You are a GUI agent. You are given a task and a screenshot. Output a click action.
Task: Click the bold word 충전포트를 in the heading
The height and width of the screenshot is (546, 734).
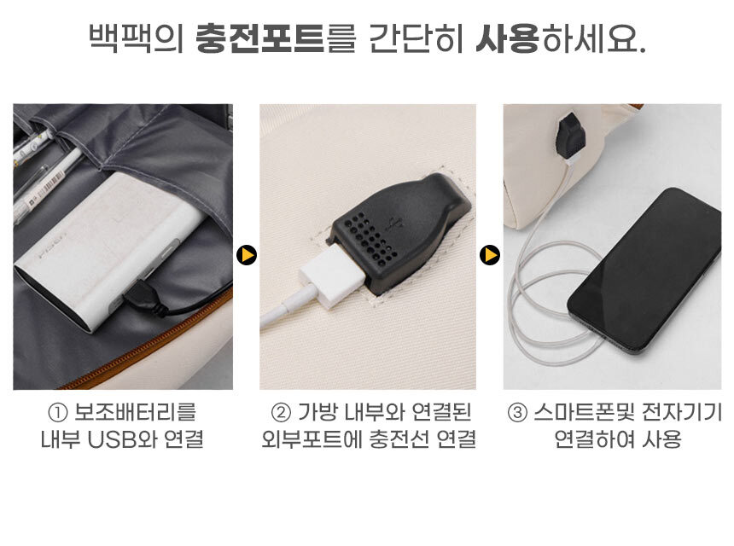276,38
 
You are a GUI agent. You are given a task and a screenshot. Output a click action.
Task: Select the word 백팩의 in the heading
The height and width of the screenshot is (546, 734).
137,38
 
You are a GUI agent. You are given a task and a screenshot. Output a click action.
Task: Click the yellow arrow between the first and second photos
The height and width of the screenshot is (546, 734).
246,255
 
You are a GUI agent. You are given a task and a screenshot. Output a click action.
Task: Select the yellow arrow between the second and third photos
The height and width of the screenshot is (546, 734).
490,255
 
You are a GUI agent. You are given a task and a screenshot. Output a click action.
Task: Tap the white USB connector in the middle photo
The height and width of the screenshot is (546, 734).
332,276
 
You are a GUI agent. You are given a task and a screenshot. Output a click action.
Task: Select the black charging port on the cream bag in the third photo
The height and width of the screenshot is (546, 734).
571,136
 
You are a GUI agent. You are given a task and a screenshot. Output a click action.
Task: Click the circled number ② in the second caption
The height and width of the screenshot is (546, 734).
281,413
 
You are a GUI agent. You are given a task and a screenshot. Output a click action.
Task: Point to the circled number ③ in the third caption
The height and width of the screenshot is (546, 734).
517,413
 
